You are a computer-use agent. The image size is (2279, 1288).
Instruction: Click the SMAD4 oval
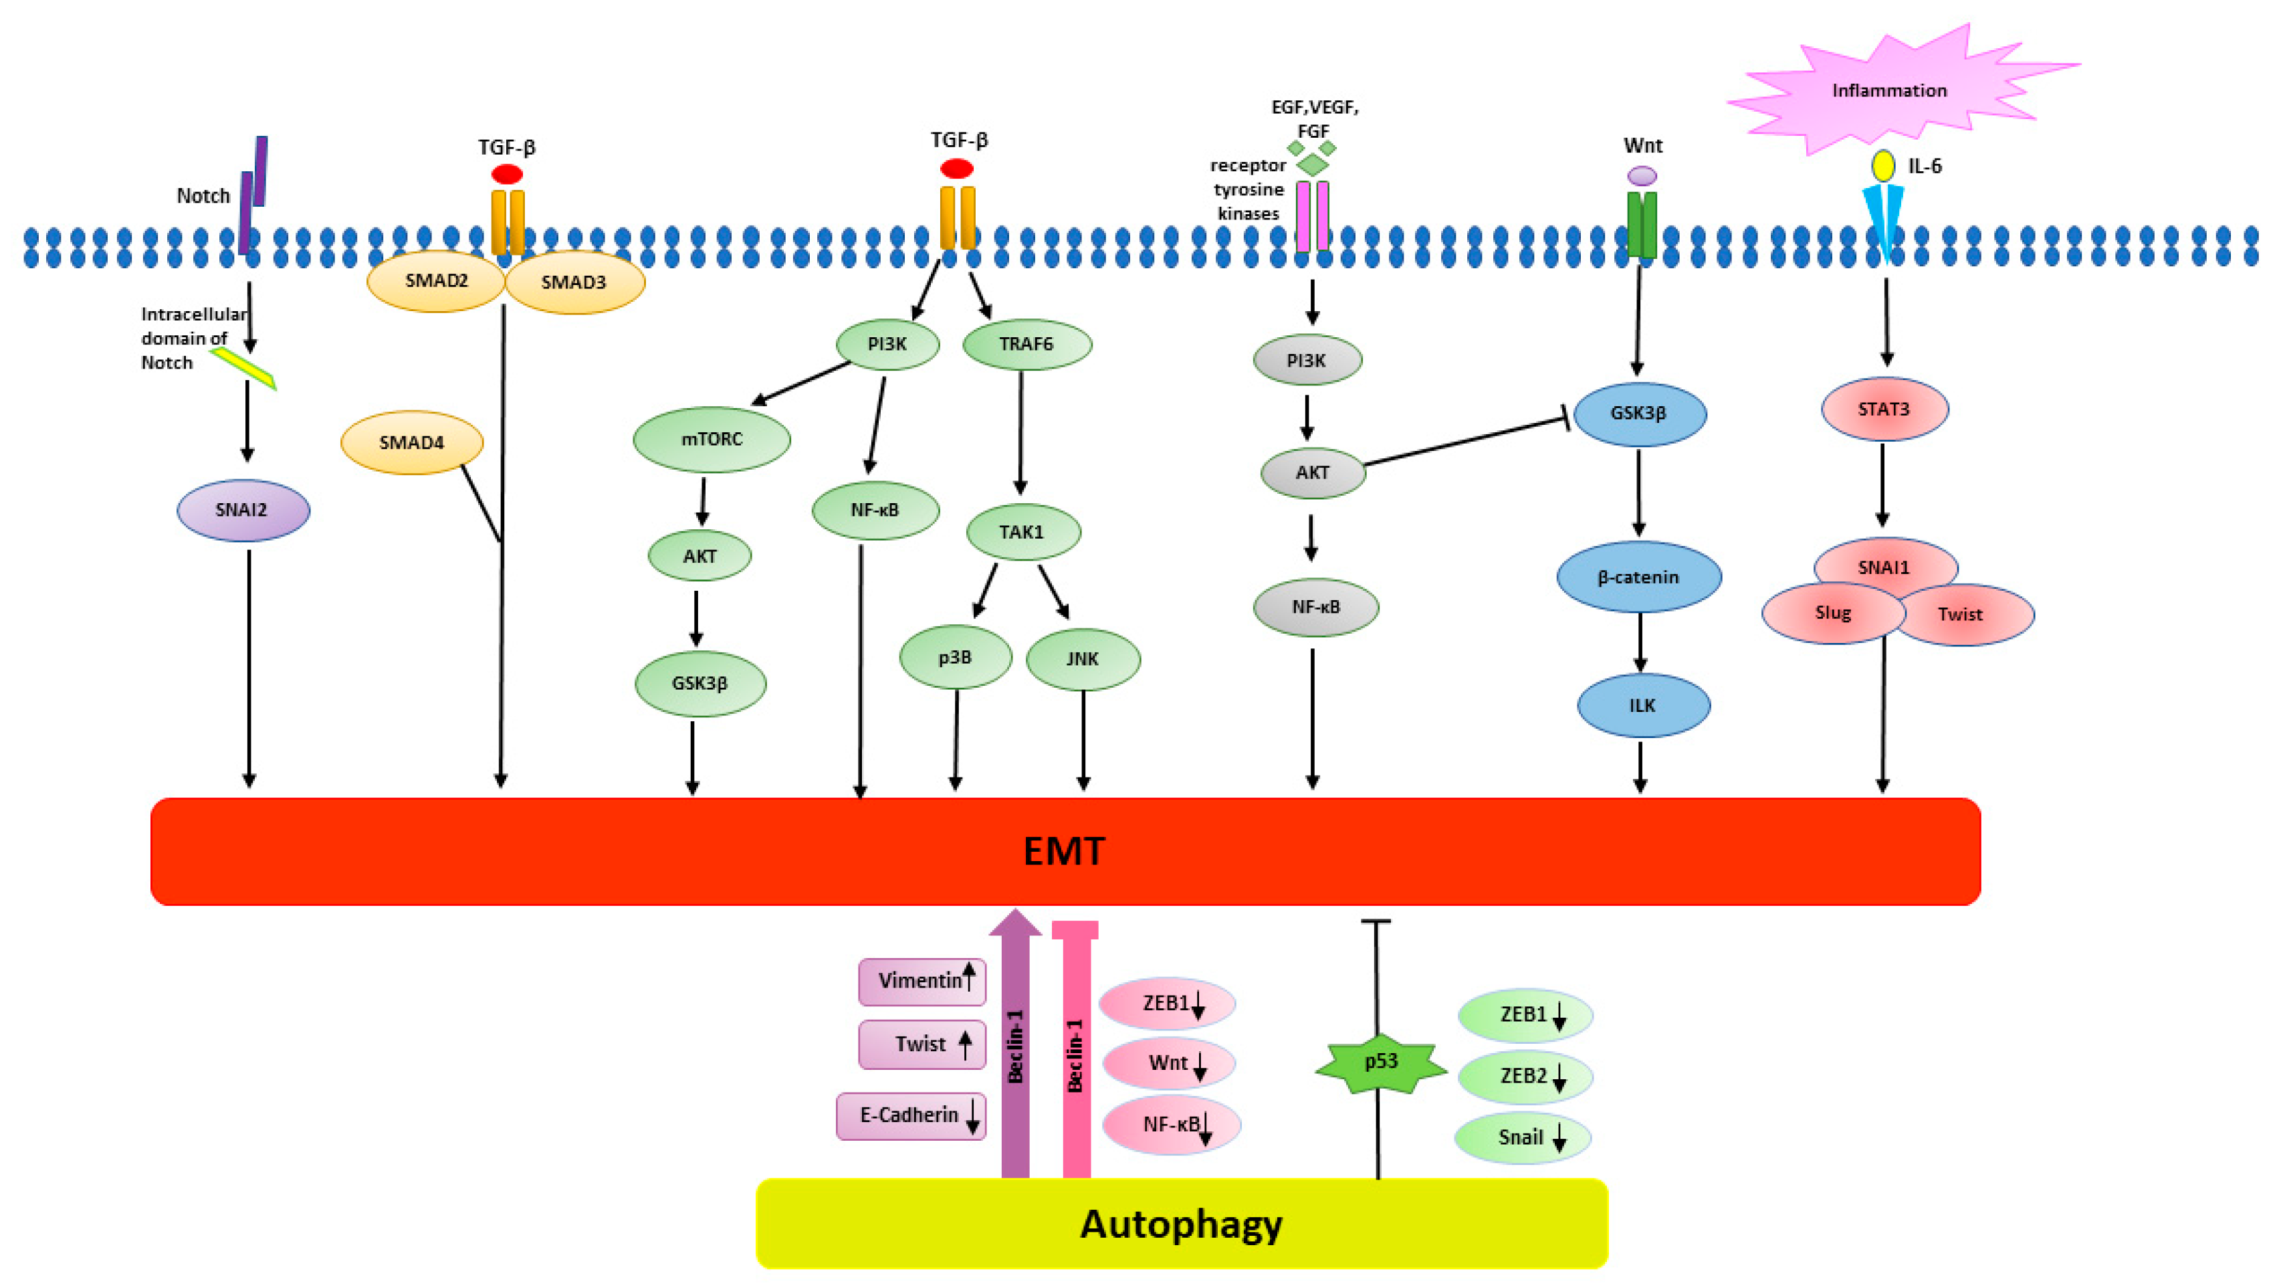pos(411,443)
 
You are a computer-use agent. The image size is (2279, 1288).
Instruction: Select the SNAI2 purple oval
pos(242,511)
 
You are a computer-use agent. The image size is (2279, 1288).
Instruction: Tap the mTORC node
pos(712,439)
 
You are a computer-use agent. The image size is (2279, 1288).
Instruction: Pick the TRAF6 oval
pos(1026,345)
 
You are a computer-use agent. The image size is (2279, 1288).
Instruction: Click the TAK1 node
pos(1022,532)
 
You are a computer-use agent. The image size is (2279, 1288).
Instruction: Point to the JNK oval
pos(1082,658)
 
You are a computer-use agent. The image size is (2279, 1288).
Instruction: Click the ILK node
pos(1643,705)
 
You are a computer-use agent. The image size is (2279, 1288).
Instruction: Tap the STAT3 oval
pos(1884,409)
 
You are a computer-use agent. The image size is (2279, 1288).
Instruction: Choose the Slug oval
pos(1832,614)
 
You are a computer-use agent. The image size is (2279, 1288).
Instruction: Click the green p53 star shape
pos(1380,1063)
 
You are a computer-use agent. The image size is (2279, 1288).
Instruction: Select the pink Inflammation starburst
pos(1889,90)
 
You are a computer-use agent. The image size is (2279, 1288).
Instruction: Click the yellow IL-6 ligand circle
pos(1882,165)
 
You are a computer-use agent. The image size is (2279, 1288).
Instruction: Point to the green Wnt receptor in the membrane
pos(1642,225)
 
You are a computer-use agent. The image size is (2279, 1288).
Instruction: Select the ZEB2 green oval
pos(1524,1077)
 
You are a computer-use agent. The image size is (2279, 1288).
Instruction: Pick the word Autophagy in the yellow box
pos(1181,1224)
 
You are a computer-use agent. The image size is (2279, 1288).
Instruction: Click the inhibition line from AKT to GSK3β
pos(1464,441)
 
